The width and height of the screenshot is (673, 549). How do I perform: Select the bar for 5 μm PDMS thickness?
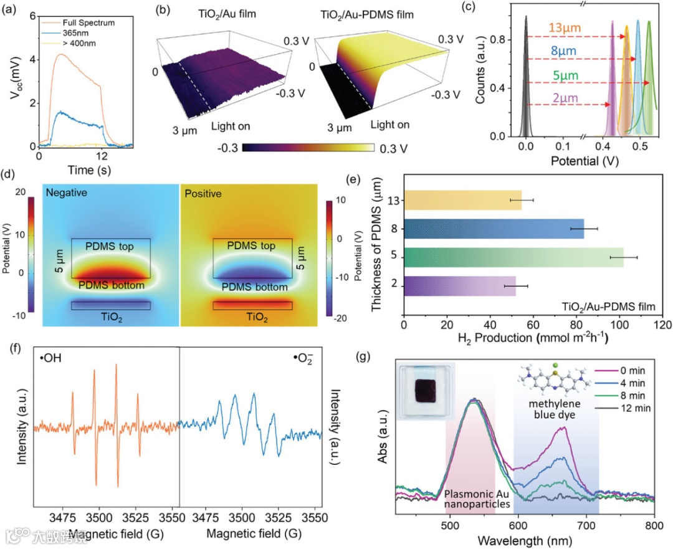[513, 257]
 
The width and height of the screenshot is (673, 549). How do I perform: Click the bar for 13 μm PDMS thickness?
[462, 200]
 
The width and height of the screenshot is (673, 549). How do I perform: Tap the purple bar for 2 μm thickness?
[460, 286]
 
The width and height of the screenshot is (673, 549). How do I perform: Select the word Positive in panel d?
[202, 194]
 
